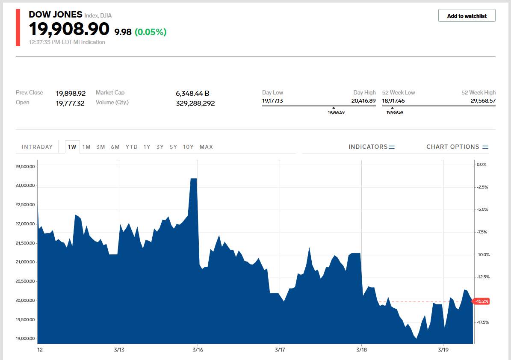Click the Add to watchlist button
pos(467,16)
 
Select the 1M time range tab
pos(86,147)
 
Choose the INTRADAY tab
pos(37,147)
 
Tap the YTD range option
pos(132,147)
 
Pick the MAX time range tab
pos(206,147)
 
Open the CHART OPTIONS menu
pos(457,147)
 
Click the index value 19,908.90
pos(69,29)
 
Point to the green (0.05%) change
pos(151,32)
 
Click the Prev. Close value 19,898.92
pos(71,93)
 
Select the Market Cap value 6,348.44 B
pos(192,93)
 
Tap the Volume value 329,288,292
pos(195,103)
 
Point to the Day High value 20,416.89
pos(363,101)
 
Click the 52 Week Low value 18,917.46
pos(393,101)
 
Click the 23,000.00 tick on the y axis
pos(25,186)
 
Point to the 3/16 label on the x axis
pos(198,350)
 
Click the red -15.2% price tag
pos(481,301)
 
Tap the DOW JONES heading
pos(55,15)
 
